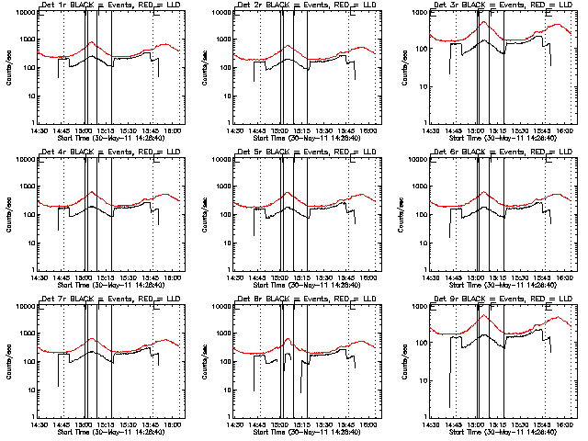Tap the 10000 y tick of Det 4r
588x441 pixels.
[x=22, y=160]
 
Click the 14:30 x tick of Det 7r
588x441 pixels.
[x=38, y=424]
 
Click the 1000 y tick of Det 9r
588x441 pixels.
[x=418, y=335]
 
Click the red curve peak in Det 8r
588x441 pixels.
[x=288, y=339]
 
